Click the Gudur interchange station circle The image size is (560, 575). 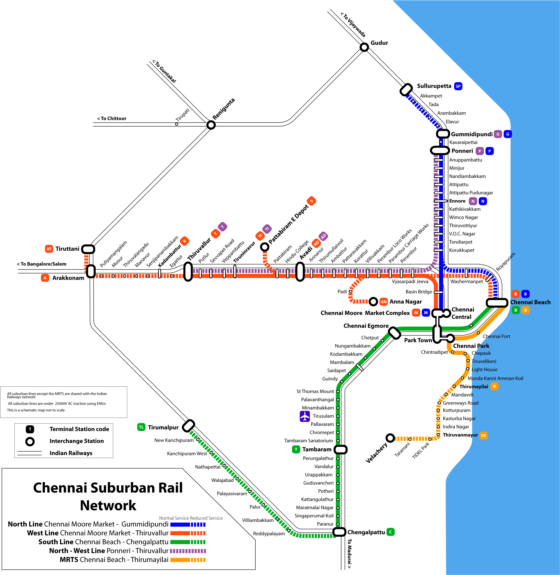coord(364,47)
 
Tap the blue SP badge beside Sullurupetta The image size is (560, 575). coord(458,86)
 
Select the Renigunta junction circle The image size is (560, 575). coord(211,125)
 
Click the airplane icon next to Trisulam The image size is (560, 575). coord(305,416)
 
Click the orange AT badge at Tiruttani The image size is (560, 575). coord(49,249)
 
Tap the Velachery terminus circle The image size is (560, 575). coord(390,438)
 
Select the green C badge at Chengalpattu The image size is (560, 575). coord(390,532)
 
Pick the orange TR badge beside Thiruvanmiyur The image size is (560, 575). coord(483,435)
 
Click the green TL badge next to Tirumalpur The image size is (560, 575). coord(141,427)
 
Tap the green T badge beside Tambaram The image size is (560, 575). coord(296,449)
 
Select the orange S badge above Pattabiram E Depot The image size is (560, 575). coord(311,201)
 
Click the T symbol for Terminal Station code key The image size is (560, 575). coord(30,429)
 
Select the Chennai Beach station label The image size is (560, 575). coord(530,302)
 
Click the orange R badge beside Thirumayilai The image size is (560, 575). coord(494,386)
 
